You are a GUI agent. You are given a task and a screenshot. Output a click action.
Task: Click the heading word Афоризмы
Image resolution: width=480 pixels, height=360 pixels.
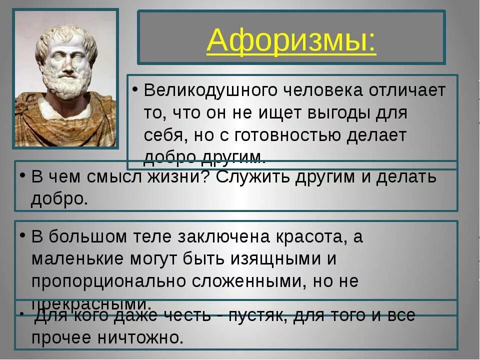pyautogui.click(x=291, y=40)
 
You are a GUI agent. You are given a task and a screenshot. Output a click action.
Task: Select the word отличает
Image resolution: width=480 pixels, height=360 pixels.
pyautogui.click(x=408, y=91)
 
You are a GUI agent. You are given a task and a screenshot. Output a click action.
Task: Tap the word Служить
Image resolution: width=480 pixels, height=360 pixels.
pyautogui.click(x=254, y=177)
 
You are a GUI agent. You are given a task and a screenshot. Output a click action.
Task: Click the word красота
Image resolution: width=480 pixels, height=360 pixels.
pyautogui.click(x=310, y=237)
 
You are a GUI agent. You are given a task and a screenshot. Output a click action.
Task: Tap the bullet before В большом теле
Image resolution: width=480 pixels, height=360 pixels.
pyautogui.click(x=22, y=235)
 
